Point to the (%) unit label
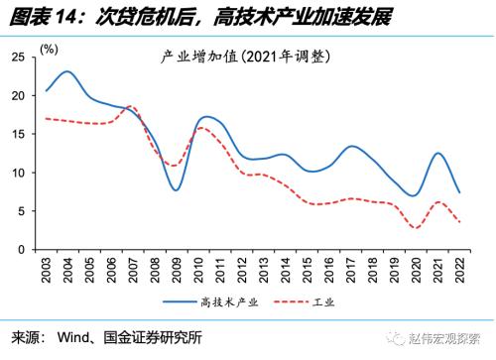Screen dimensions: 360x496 pos(48,48)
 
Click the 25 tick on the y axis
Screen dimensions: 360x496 pos(18,58)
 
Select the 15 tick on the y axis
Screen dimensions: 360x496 pos(18,134)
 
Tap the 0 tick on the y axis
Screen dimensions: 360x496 pos(22,249)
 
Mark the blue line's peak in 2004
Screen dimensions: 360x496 pos(66,71)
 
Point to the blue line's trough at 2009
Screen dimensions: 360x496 pos(176,190)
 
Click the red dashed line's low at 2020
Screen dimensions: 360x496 pos(416,228)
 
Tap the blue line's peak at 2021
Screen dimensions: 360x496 pos(437,153)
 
